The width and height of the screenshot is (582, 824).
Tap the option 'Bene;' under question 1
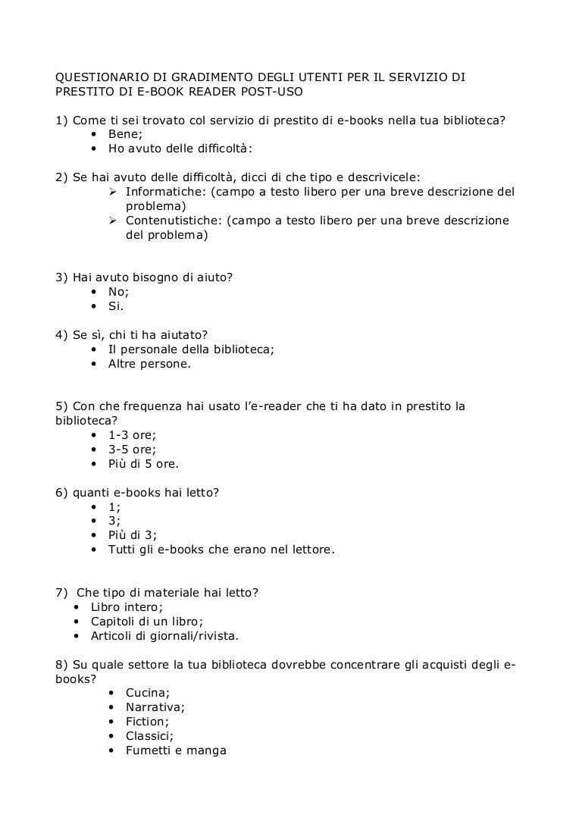[124, 133]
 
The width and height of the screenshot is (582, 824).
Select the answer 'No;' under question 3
[119, 292]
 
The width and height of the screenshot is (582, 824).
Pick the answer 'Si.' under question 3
[116, 306]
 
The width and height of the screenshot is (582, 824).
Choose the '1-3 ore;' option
[133, 435]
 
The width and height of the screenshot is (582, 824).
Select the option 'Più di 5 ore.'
[144, 464]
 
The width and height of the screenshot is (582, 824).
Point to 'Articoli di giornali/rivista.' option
[164, 635]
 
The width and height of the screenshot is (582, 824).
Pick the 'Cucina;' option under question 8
[148, 693]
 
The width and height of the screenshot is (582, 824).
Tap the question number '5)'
[64, 406]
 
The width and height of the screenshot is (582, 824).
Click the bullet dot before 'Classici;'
[112, 736]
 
